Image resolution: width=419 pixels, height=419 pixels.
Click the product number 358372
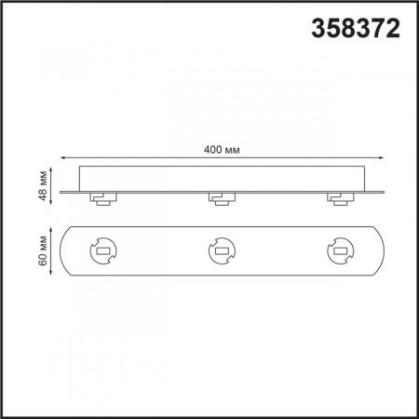[x=356, y=28]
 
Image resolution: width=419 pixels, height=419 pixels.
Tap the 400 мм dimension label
[x=222, y=150]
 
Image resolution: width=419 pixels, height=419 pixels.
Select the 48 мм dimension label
[x=43, y=185]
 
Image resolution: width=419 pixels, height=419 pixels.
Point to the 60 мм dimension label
[x=43, y=250]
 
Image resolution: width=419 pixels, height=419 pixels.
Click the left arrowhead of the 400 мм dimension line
[x=62, y=158]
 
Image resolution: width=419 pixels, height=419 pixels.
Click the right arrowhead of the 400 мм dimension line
[x=382, y=158]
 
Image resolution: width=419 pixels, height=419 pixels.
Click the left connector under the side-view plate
[x=103, y=199]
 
